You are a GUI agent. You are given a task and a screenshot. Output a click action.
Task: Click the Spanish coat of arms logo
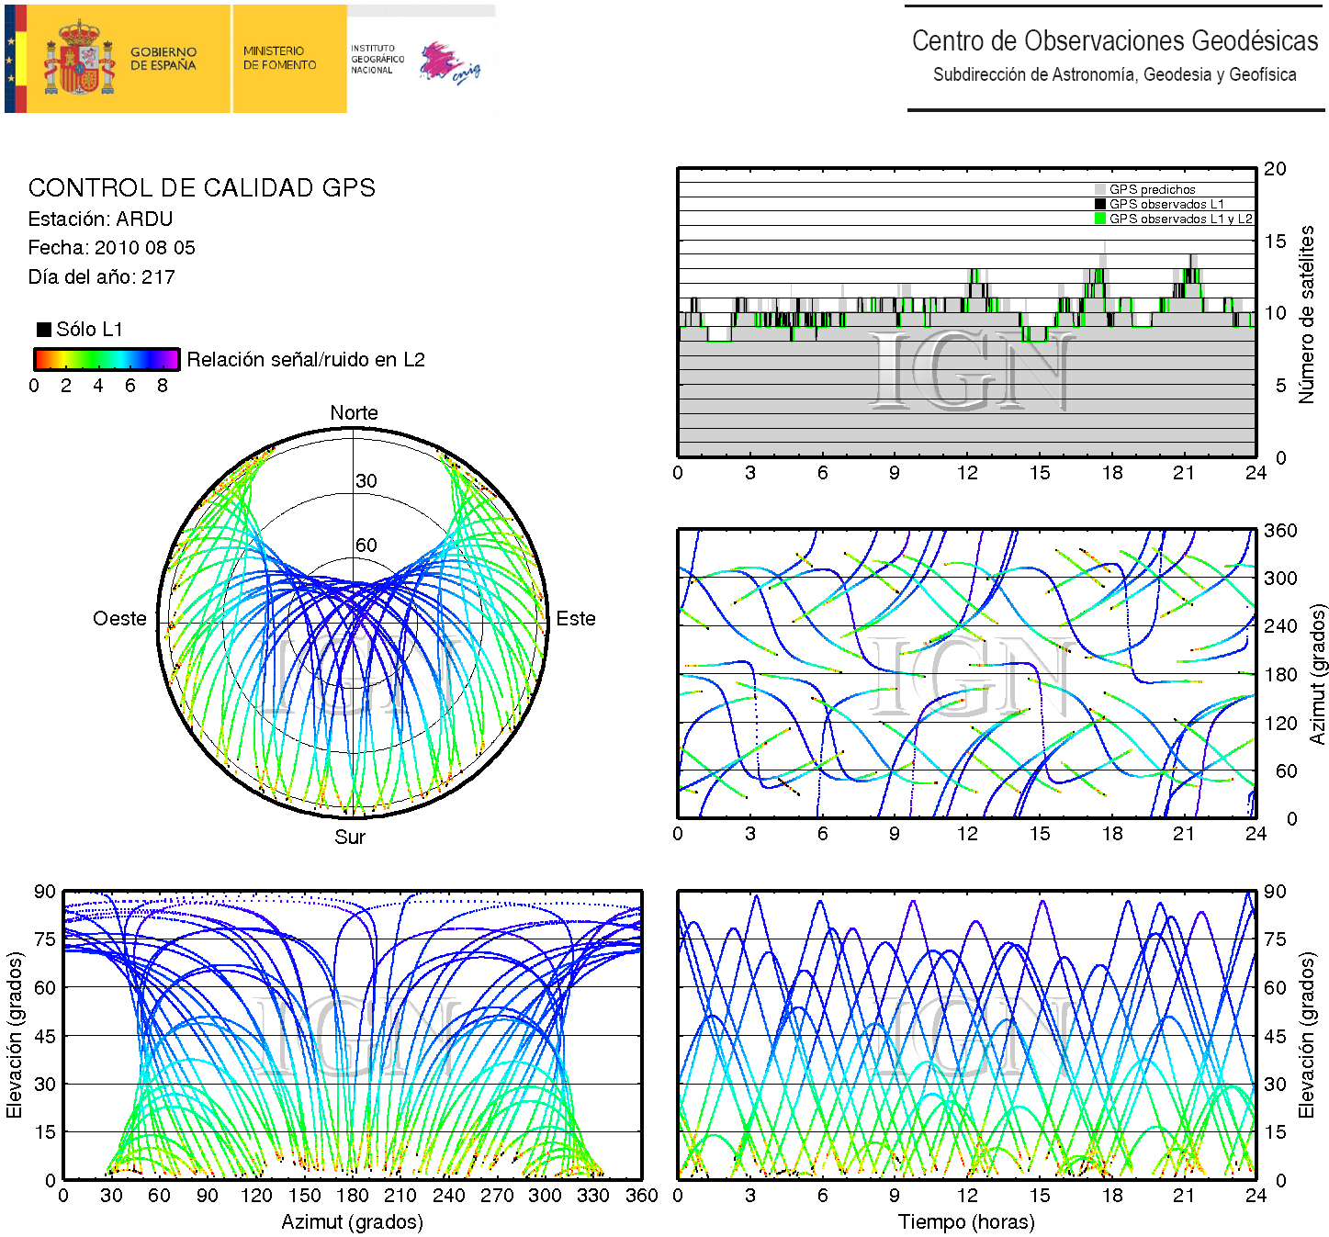click(80, 60)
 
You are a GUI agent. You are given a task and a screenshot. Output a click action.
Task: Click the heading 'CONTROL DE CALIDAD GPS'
click(201, 188)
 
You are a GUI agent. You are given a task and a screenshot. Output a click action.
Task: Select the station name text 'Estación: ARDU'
click(100, 219)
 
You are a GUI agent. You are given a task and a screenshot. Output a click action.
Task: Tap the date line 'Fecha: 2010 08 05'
click(111, 248)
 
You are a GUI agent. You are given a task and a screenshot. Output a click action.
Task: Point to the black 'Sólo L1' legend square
click(43, 330)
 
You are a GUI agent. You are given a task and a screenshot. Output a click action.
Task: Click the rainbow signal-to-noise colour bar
click(106, 359)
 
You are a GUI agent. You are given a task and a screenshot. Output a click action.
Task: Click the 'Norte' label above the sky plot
click(354, 413)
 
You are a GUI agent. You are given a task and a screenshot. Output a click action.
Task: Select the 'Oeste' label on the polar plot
click(119, 619)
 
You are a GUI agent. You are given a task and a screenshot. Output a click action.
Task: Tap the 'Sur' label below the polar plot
click(350, 837)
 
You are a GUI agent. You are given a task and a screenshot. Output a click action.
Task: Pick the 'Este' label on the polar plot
click(576, 619)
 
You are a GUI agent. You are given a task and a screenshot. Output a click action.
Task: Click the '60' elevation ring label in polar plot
click(366, 545)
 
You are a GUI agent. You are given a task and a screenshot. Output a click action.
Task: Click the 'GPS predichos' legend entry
click(1152, 190)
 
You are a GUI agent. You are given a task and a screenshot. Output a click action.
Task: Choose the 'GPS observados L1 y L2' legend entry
click(1179, 219)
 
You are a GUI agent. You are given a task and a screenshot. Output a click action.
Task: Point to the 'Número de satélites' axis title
click(1306, 314)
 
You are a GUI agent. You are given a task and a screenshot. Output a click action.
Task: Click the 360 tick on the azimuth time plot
click(1280, 531)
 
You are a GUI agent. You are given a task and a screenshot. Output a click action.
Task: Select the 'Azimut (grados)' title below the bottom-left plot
click(352, 1222)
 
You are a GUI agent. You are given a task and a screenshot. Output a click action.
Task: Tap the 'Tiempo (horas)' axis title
click(966, 1222)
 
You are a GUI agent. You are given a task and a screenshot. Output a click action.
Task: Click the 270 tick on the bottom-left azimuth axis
click(497, 1196)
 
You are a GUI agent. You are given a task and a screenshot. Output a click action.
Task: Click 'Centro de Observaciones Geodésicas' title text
click(1114, 41)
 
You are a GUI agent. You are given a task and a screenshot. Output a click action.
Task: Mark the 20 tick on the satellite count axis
click(1275, 169)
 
